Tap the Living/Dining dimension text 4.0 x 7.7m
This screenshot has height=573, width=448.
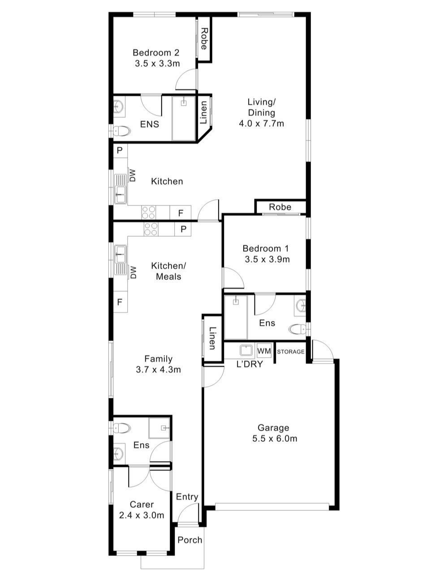pyautogui.click(x=262, y=124)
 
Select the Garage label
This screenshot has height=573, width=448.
pyautogui.click(x=274, y=428)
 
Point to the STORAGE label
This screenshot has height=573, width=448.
pyautogui.click(x=290, y=352)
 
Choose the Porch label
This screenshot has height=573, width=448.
pyautogui.click(x=190, y=540)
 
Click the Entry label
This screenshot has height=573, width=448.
pyautogui.click(x=187, y=497)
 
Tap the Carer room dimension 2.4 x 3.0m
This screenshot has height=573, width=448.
pyautogui.click(x=142, y=515)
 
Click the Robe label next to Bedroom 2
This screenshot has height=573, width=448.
pyautogui.click(x=204, y=39)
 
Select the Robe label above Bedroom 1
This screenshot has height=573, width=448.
pyautogui.click(x=280, y=207)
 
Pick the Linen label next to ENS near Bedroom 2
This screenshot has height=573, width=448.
pyautogui.click(x=203, y=113)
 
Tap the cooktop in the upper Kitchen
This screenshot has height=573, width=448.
pyautogui.click(x=148, y=212)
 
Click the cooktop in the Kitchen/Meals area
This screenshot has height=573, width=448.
pyautogui.click(x=151, y=229)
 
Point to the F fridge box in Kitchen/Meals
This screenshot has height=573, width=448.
pyautogui.click(x=120, y=302)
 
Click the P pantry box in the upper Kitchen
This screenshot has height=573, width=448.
pyautogui.click(x=120, y=150)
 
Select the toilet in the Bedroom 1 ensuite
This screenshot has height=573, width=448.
pyautogui.click(x=297, y=330)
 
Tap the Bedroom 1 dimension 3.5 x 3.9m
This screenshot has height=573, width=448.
pyautogui.click(x=267, y=259)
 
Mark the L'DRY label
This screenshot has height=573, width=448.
pyautogui.click(x=250, y=364)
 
